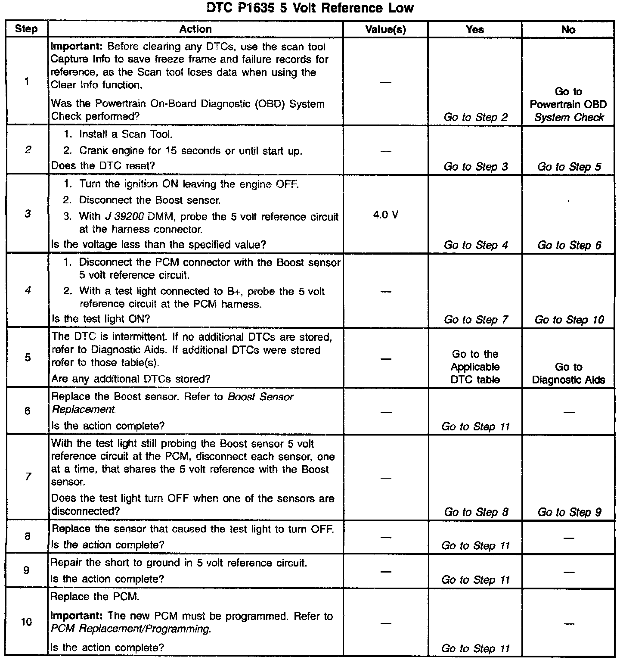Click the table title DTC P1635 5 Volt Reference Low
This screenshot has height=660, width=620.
310,8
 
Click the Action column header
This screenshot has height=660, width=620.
195,29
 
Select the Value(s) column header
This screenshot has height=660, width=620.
385,29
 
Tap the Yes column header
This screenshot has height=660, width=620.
474,29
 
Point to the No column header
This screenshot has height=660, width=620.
568,29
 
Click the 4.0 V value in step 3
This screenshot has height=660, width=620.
385,214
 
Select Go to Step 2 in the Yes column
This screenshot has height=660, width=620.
475,117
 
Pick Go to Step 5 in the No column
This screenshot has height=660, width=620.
569,167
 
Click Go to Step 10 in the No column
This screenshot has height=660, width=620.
569,320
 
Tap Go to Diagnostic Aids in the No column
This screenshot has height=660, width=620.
568,373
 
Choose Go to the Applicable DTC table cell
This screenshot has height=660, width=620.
475,367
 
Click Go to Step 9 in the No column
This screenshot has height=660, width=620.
569,512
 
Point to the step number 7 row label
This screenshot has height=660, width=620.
28,477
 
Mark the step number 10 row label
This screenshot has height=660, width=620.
27,622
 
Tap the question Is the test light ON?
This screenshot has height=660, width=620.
101,319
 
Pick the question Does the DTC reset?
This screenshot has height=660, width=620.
103,166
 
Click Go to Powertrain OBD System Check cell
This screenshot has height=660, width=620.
568,104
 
